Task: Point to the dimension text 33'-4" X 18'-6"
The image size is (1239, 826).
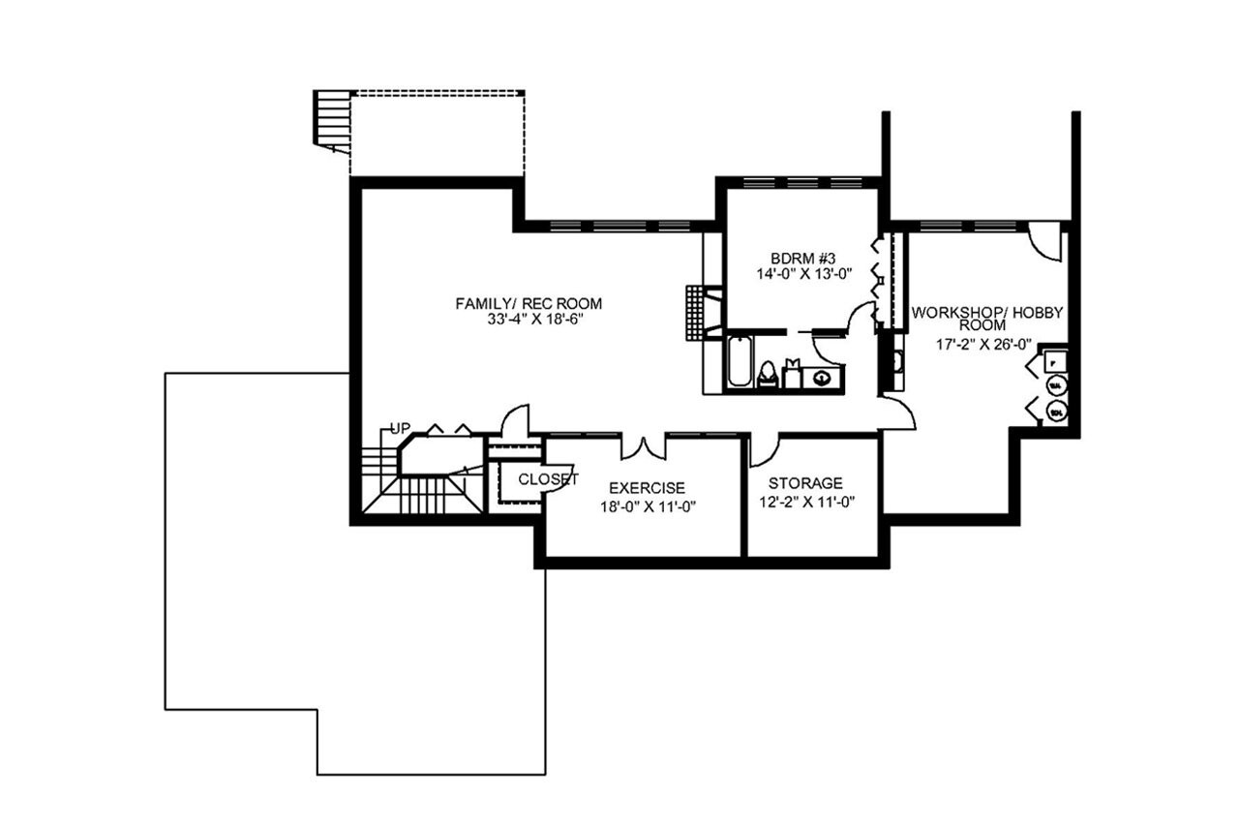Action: click(535, 320)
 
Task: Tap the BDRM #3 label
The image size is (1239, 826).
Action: click(802, 258)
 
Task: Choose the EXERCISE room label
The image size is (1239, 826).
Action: click(646, 487)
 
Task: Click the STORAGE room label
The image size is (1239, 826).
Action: click(805, 482)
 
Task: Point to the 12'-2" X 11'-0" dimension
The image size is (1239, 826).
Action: click(805, 502)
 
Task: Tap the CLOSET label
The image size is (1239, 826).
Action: click(548, 479)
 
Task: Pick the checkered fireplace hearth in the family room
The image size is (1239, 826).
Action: click(697, 313)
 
